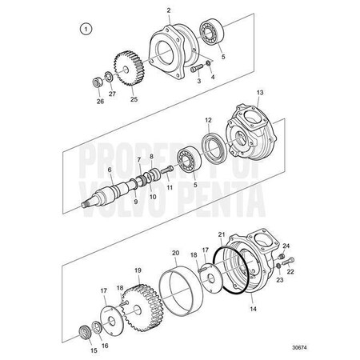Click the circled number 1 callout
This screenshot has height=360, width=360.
[86, 29]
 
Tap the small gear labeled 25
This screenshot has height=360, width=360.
[129, 68]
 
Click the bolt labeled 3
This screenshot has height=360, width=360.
[197, 68]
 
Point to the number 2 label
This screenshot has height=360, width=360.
[169, 10]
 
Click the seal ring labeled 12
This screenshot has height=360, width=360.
[214, 146]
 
